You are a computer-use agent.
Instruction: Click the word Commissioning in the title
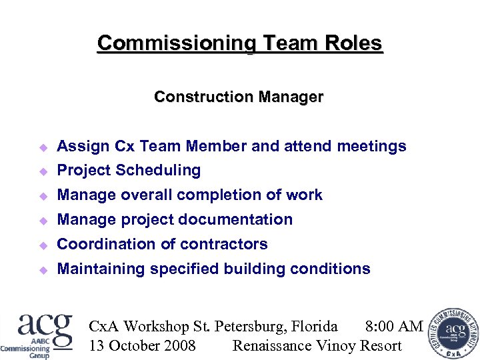(x=176, y=43)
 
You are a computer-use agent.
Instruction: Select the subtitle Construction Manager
(x=239, y=97)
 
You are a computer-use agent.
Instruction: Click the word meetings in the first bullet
(x=371, y=146)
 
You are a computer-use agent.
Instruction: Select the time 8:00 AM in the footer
(x=394, y=326)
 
